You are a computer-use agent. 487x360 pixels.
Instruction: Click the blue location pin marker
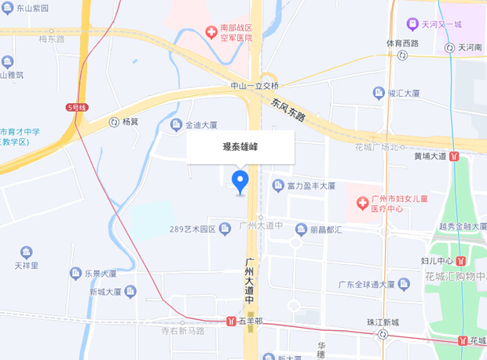coord(240,181)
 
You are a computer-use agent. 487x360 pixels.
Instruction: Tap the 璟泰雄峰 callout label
coord(240,146)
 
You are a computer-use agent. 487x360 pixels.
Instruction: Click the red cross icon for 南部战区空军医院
coord(211,32)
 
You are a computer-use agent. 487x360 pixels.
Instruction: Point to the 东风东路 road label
coord(288,109)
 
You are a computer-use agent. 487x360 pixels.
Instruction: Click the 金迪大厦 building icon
coord(176,124)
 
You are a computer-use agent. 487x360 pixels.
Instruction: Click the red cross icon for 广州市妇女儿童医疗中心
coord(362,204)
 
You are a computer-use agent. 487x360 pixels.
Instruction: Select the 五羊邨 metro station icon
coord(230,321)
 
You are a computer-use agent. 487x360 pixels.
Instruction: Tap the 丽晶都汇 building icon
coord(301,230)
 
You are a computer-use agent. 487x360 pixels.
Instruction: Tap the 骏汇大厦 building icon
coord(379,93)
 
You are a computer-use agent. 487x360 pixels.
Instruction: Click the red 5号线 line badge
coord(75,106)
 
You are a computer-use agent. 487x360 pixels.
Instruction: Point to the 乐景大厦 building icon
coord(75,274)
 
